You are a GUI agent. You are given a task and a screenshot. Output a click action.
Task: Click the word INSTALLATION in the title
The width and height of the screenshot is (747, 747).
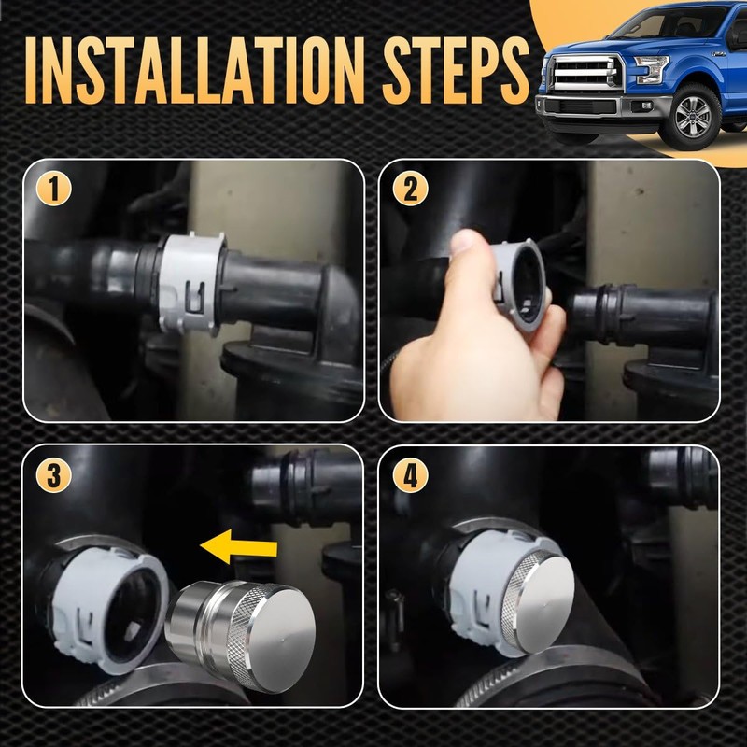pos(195,70)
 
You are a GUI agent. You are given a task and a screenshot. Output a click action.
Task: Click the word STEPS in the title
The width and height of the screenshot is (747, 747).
pos(456,70)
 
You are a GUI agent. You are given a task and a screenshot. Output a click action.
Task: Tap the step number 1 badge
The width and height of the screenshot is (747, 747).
pos(54,189)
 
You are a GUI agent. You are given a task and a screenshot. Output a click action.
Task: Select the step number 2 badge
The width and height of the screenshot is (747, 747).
pos(410,189)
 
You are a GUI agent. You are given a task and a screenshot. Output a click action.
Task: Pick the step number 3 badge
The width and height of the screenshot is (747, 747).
pos(54,475)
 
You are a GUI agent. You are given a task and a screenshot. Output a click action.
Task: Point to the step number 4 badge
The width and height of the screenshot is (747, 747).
pos(410,475)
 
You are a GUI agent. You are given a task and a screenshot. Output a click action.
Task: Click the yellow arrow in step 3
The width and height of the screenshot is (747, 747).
pos(238,547)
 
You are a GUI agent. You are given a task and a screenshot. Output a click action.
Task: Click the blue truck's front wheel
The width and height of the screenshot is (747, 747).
pos(694,116)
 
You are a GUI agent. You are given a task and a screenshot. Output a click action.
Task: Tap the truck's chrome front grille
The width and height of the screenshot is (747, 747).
pos(585,72)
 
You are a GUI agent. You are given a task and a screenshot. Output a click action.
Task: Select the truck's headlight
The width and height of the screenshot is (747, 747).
pos(651,70)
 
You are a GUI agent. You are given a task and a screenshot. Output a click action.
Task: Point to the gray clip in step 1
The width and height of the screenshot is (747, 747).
pos(190,284)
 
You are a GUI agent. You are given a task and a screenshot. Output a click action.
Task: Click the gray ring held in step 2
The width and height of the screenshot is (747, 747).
pos(520,286)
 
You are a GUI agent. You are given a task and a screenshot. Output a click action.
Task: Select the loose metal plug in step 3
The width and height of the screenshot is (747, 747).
pos(241,634)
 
